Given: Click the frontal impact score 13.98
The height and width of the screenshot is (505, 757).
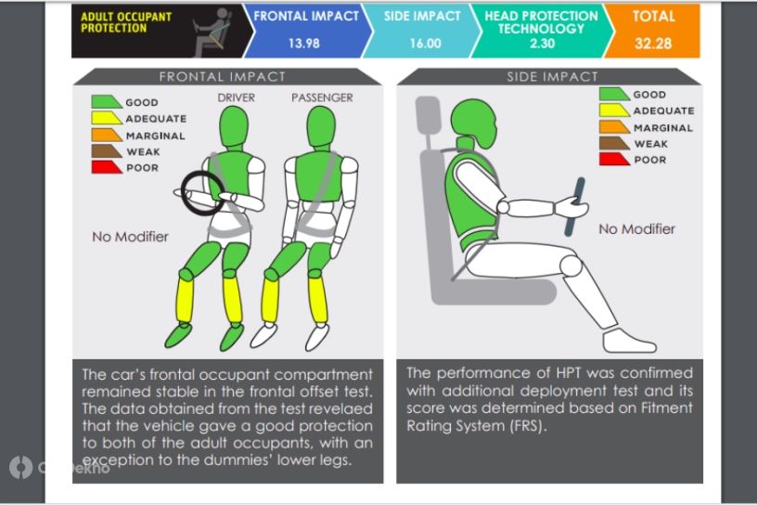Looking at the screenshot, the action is pos(304,44).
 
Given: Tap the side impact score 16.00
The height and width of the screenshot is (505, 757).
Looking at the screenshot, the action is pos(425,44).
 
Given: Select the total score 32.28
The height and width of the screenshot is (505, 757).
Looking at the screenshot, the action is pos(653,44).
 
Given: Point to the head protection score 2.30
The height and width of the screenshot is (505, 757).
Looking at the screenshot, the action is pos(542,44).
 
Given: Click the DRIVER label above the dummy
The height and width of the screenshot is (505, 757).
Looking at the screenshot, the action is pos(236,97).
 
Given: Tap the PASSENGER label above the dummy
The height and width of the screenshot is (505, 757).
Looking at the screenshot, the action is pos(322,97).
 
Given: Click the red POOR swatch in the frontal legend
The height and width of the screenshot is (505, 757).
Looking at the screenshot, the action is pos(107,167).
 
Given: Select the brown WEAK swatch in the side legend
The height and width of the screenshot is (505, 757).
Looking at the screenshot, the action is pos(614,144).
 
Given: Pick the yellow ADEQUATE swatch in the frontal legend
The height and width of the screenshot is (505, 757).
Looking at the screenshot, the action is pos(107,118).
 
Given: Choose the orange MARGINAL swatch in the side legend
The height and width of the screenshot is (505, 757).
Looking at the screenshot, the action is pos(614,126).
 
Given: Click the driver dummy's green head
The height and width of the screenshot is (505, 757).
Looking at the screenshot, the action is pos(234,126).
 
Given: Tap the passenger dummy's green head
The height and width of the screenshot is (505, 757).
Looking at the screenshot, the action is pos(321,126).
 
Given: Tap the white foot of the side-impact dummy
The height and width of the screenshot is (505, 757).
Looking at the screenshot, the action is pos(628,342).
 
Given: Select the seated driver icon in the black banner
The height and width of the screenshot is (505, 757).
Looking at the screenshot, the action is pos(212,32).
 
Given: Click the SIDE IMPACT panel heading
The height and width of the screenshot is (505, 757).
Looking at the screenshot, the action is pos(552,77).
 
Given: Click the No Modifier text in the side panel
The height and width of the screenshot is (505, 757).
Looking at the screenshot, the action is pos(636,229).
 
